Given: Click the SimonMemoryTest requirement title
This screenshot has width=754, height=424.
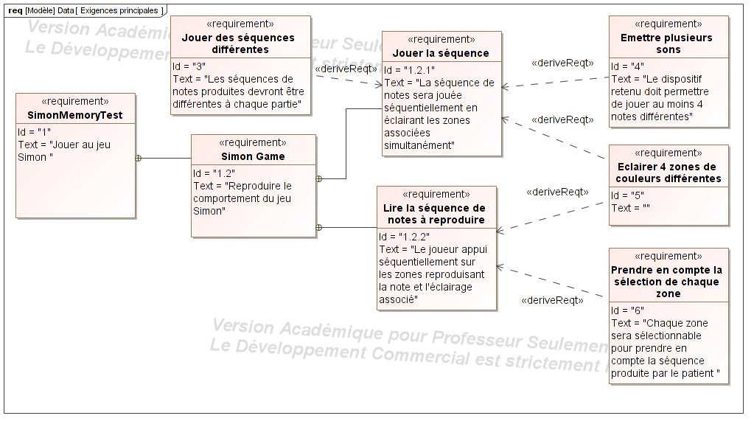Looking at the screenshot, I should [75, 115].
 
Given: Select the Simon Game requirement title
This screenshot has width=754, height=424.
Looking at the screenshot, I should [253, 156].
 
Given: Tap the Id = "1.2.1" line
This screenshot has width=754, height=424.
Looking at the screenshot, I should [409, 70].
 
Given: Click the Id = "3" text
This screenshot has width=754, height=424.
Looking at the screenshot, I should [189, 66].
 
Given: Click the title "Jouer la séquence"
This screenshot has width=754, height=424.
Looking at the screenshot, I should [441, 53].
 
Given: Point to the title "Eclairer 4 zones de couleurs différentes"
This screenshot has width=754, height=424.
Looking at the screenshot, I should [669, 173].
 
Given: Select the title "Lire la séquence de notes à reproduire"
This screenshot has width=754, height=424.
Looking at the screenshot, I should [436, 214].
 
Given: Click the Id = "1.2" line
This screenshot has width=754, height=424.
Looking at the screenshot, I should [214, 173].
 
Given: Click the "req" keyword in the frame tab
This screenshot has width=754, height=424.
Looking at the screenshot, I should [15, 10].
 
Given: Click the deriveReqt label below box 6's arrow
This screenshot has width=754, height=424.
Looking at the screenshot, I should [552, 300].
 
